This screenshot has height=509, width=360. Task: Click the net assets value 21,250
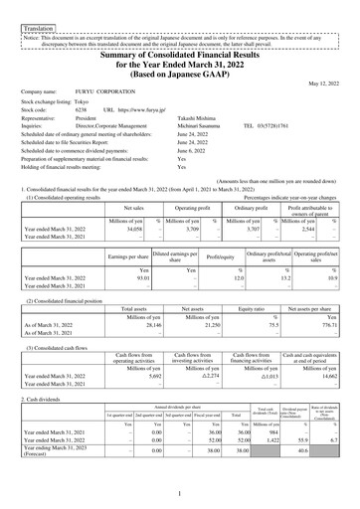196,296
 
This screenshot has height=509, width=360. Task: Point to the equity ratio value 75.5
254,296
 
